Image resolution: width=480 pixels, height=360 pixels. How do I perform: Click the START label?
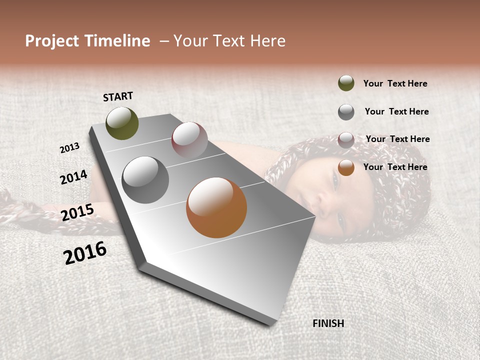coord(118,96)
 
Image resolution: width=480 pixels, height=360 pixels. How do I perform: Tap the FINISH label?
coord(328,323)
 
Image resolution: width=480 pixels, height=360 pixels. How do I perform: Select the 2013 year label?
coord(69,148)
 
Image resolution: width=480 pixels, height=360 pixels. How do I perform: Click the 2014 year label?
coord(73,177)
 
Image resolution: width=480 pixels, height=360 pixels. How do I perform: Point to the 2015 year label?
coord(77,212)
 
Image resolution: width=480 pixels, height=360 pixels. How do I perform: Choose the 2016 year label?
coord(85,253)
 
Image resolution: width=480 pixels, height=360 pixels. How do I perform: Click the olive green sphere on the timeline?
coord(122,123)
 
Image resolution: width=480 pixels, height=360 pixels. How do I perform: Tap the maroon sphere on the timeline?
coord(189,139)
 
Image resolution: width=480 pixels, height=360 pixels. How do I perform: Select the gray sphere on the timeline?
coord(145,179)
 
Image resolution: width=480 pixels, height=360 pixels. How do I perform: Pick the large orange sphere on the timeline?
coord(216,207)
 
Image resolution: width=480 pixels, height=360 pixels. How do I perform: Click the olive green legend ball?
coord(346,83)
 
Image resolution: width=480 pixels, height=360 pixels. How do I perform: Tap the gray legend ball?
coord(346,112)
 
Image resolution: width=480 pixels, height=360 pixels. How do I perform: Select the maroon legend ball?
coord(346,139)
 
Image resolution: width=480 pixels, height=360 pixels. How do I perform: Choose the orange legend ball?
coord(346,167)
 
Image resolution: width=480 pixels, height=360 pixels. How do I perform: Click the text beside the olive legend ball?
coord(395,83)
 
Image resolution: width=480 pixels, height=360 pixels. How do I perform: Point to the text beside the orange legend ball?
coord(395,167)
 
